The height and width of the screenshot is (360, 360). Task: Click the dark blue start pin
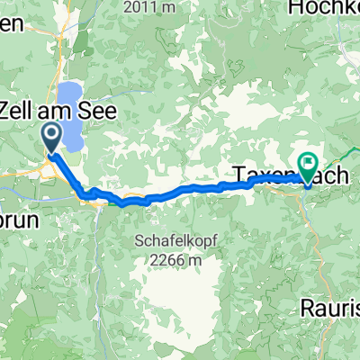(51, 138)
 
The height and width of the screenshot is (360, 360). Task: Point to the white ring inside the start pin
(51, 135)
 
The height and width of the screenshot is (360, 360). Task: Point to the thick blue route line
(180, 190)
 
